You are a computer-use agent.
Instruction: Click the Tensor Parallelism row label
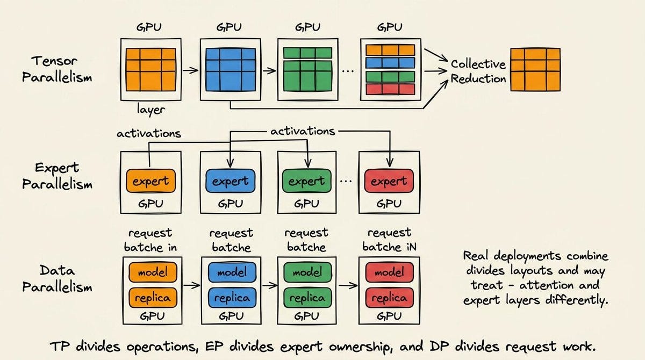click(57, 69)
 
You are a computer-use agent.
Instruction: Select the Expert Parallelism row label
click(57, 176)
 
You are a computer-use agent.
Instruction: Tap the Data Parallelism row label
click(57, 278)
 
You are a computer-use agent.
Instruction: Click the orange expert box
click(151, 181)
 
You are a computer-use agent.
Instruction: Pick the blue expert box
click(231, 181)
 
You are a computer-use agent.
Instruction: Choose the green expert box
click(307, 181)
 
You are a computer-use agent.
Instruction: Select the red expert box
click(389, 181)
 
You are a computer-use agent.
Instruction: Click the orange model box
click(153, 272)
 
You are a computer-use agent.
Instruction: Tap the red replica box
click(390, 298)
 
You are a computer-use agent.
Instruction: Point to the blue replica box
click(232, 298)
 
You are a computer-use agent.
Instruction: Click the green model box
click(307, 272)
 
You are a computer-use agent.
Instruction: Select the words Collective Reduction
click(478, 71)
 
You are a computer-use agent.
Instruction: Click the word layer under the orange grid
click(151, 110)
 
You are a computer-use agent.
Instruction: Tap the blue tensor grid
click(231, 70)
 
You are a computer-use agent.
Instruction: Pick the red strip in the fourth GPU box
click(390, 89)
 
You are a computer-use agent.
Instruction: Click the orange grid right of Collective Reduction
click(535, 70)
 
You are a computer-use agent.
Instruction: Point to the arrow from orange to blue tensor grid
click(191, 70)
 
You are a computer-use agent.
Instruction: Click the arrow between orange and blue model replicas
click(192, 285)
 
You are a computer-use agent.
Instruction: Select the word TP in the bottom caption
click(60, 346)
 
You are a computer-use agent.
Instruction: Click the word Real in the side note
click(476, 256)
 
